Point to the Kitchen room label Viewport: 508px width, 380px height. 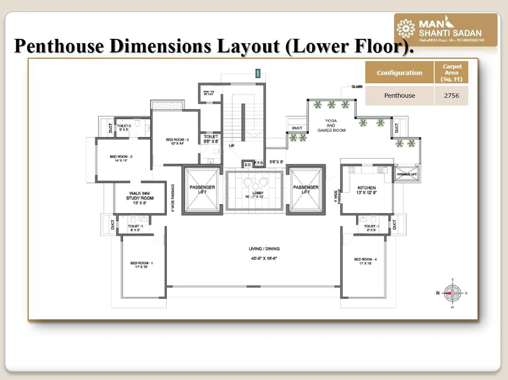367,190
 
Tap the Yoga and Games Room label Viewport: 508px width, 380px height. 331,126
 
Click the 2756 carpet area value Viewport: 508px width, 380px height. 451,96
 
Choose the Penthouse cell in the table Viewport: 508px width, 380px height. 399,96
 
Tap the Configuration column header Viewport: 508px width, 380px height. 399,73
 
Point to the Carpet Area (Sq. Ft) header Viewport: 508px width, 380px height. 451,73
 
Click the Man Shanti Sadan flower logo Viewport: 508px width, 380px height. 405,29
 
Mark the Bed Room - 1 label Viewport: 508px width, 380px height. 141,265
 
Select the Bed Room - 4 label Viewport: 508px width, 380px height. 365,262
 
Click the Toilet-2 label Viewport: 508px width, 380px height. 124,127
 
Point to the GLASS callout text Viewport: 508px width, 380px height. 357,87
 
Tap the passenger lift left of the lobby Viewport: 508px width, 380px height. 202,190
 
